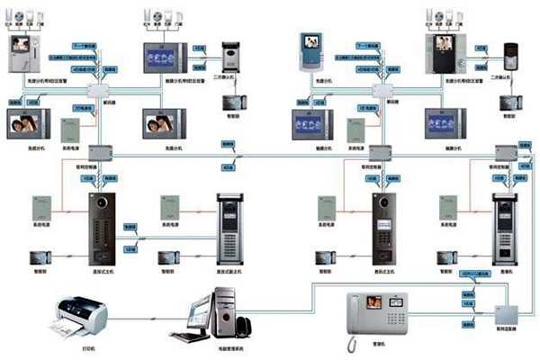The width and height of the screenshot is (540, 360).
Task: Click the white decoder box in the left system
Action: (96, 91)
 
